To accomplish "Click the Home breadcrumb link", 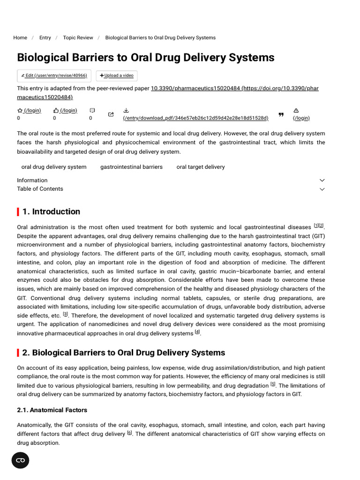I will coord(20,37).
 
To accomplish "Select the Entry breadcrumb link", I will coord(45,37).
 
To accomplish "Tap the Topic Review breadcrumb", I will coord(78,37).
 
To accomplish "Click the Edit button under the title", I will coord(54,75).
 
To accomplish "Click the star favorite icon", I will coord(20,111).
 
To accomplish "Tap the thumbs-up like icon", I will coord(56,111).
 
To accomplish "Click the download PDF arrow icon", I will coord(126,111).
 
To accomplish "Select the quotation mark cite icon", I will coord(281,114).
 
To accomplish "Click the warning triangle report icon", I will coord(296,111).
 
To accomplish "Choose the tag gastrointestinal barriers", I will coord(131,167).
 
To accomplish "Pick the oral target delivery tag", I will coord(200,167).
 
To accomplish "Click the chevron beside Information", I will coord(322,180).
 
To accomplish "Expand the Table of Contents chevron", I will coord(322,189).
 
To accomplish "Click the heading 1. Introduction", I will coord(51,211).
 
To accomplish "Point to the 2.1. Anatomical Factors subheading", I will coord(52,410).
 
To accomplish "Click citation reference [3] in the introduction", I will coord(66,314).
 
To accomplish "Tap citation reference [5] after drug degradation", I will coord(273,384).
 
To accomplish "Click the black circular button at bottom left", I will coord(20,460).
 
